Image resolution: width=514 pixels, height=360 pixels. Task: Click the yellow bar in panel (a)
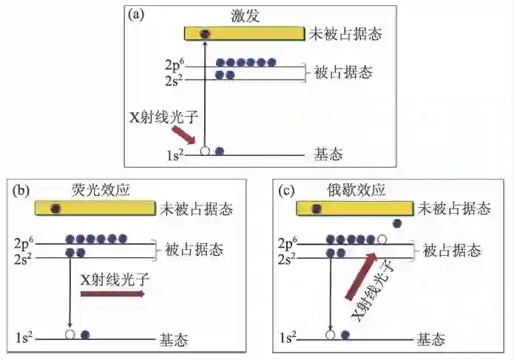coord(245,33)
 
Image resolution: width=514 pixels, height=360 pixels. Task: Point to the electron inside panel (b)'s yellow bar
coord(55,208)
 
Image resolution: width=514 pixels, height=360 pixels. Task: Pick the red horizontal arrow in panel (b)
coord(112,294)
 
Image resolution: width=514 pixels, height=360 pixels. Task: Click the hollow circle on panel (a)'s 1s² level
coord(205,152)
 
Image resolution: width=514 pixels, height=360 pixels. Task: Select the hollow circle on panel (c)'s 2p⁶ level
coord(382,240)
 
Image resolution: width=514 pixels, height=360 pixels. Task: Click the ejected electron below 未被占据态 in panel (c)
coord(397,223)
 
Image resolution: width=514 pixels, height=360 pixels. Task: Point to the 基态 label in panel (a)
coord(328,154)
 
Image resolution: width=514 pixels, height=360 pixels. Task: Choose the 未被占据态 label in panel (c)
coord(454,209)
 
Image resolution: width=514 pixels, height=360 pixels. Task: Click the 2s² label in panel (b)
coord(23,257)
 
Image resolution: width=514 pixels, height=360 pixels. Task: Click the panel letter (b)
coord(21,191)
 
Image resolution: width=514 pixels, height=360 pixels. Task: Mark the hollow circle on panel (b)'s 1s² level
coord(70,334)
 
